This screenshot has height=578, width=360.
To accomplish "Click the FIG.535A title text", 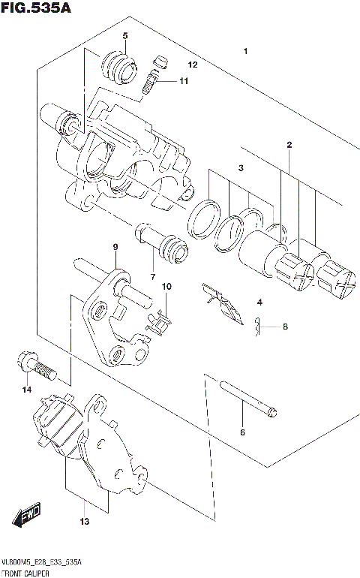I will pos(35,8).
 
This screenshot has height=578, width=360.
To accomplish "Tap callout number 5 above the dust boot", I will pos(125,36).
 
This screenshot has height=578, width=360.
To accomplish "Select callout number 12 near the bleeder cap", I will pos(192,65).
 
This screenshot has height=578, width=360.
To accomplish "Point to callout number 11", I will pos(184,81).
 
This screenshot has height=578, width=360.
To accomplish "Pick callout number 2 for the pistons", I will pos(289,145).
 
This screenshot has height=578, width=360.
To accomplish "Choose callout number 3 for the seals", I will pos(241,168).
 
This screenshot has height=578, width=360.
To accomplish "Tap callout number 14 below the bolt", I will pos(26,390).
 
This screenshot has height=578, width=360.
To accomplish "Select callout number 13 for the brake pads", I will pos(85,520).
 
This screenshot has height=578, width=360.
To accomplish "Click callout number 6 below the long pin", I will pos(242,432).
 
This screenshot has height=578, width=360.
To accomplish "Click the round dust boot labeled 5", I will pos(118,66).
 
